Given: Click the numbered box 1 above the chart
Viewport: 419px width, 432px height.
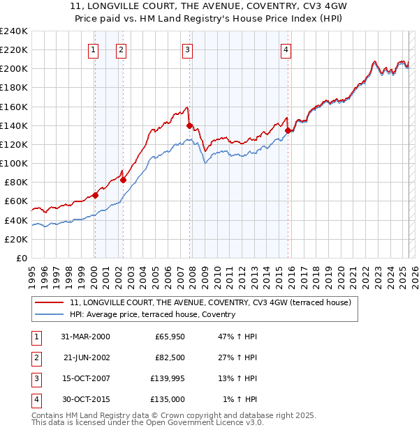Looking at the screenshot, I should click(94, 49).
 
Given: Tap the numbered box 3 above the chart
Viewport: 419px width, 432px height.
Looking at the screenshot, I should click(188, 49).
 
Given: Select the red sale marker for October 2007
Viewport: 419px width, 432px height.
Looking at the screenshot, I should click(189, 125).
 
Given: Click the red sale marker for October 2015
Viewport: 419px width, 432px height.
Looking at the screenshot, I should click(288, 130).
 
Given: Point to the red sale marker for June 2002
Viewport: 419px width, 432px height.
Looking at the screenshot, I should click(124, 180).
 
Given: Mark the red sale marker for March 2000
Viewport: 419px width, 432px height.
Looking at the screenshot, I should click(96, 195).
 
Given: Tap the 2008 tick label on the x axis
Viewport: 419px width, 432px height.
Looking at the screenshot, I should click(192, 273).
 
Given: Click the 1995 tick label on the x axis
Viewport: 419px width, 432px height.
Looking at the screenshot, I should click(31, 273).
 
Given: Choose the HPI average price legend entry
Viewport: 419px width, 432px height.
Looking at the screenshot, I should click(152, 314).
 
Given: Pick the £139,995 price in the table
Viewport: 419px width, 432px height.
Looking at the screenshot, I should click(166, 380).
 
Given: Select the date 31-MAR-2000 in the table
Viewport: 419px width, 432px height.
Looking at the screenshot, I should click(86, 337).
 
